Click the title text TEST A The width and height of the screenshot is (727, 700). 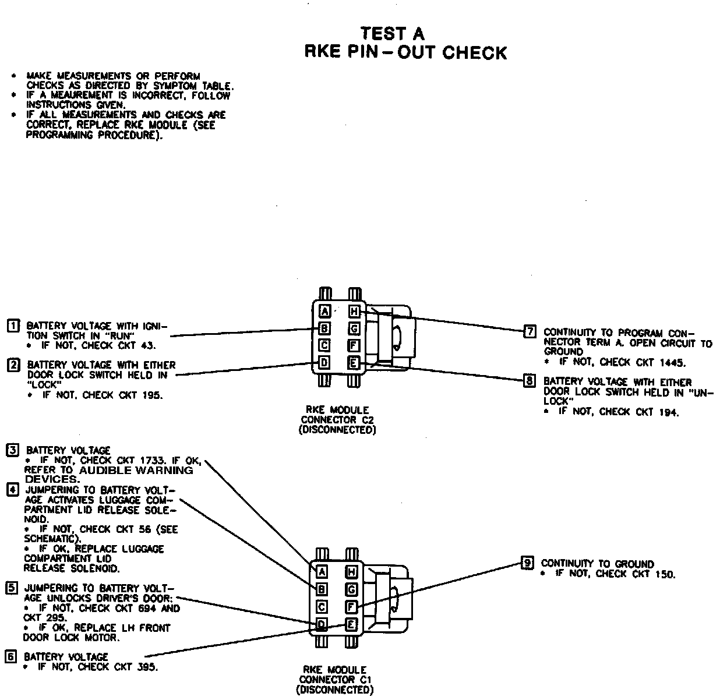[x=393, y=33]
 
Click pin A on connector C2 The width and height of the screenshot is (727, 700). [x=325, y=312]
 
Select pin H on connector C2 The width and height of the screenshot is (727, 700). [x=354, y=312]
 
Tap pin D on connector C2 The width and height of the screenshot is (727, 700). [x=325, y=363]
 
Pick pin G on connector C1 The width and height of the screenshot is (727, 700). [x=351, y=589]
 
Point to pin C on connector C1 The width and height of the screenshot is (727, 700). [x=322, y=607]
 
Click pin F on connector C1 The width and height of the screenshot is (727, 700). [x=351, y=607]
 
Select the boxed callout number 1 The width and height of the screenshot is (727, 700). [x=12, y=326]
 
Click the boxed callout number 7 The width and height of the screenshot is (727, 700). [x=530, y=332]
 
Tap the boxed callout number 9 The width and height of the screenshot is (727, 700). [x=527, y=563]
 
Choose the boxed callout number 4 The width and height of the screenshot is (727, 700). [x=12, y=489]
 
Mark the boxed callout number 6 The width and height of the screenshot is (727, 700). [x=10, y=656]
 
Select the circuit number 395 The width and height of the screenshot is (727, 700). [x=146, y=667]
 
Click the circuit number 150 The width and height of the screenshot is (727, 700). [x=664, y=574]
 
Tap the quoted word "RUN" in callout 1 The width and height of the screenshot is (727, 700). [x=120, y=336]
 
